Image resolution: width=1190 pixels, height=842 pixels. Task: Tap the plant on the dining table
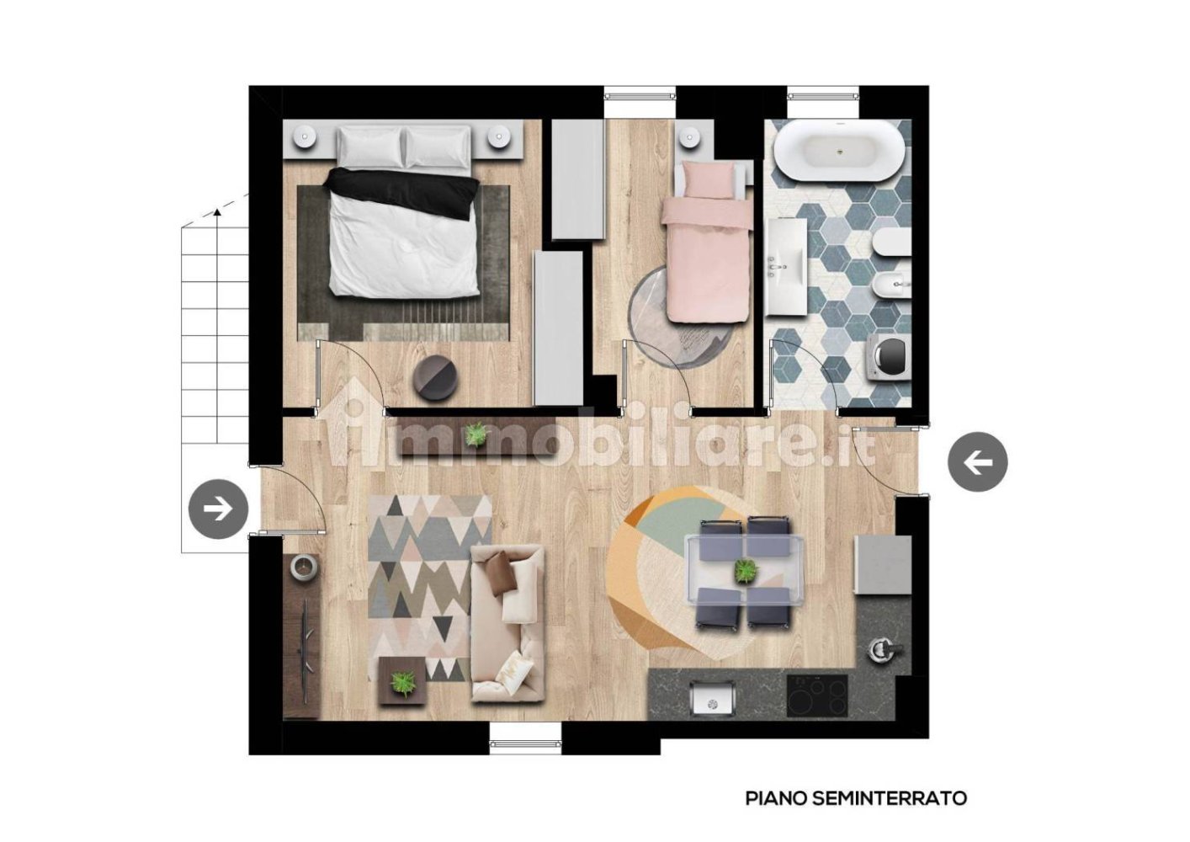[745, 570]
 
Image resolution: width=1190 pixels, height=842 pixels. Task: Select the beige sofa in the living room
[507, 623]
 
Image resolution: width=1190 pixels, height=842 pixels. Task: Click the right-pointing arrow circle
[218, 509]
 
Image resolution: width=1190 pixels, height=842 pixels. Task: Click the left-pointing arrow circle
[977, 461]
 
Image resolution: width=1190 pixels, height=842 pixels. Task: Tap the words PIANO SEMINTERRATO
[856, 797]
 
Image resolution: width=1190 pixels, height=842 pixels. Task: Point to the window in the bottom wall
[525, 743]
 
